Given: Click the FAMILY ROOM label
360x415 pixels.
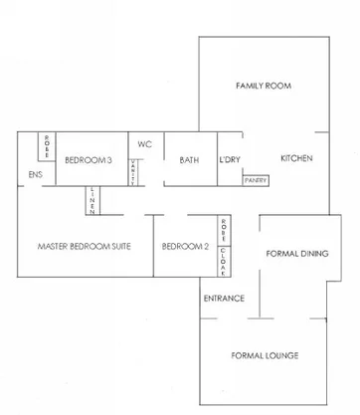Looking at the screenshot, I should (x=263, y=87).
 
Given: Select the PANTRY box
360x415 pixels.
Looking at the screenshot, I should (x=256, y=180).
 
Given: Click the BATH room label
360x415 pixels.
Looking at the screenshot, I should (x=189, y=160).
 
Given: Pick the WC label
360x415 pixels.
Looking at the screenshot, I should (x=144, y=143).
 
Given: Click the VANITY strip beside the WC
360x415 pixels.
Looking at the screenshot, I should (x=133, y=172).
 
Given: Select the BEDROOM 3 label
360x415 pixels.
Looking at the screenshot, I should (x=88, y=160).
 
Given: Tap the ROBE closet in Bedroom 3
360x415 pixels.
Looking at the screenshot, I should (x=46, y=146).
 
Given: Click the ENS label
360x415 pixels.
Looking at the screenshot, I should (x=35, y=176).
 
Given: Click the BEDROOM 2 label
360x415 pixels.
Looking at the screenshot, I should (x=184, y=246).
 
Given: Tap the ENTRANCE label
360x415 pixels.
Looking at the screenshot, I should (x=224, y=299).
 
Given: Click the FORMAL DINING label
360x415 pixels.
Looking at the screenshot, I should (x=297, y=255).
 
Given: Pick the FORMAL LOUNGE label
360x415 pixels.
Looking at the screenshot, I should (x=265, y=355).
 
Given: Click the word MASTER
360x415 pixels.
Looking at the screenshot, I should (x=52, y=246).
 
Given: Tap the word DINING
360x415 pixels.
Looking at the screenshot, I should (x=313, y=255).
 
